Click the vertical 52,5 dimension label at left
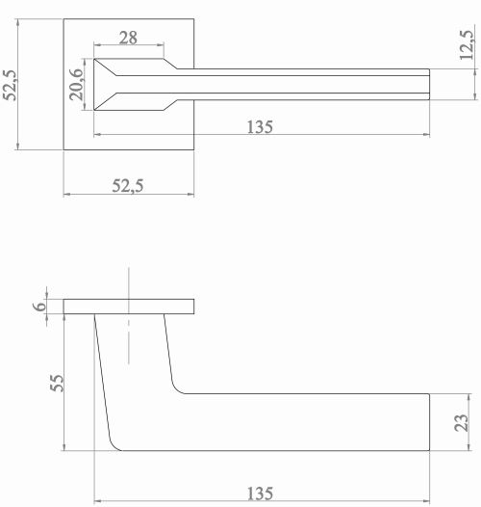click(10, 86)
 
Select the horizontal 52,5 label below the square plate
click(128, 186)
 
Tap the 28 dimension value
click(128, 38)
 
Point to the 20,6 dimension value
click(76, 85)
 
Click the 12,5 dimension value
click(467, 44)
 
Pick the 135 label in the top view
click(260, 127)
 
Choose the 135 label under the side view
click(260, 494)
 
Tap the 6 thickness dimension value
click(39, 307)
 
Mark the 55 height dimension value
click(57, 384)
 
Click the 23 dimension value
click(461, 422)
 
